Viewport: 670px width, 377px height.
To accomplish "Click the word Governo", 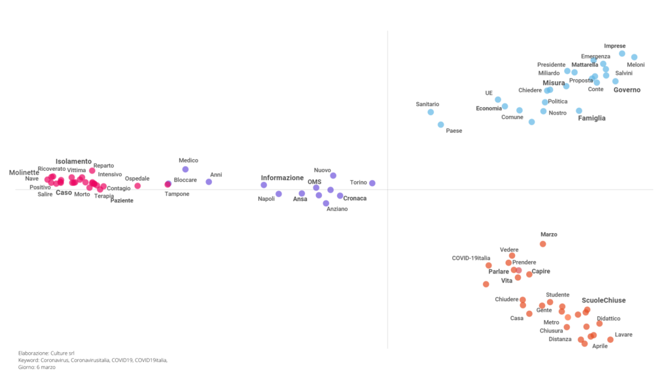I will click(x=627, y=90).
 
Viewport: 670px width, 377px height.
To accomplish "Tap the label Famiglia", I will click(x=591, y=118).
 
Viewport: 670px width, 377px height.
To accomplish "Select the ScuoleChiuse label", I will click(x=603, y=300).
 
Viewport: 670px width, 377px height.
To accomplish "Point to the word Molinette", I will click(x=24, y=173).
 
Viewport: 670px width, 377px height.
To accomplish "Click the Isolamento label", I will click(x=73, y=161).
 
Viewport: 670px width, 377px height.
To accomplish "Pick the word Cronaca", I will click(x=355, y=198).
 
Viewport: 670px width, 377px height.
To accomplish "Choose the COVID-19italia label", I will click(x=471, y=258).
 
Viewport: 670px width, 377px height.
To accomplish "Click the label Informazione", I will click(x=282, y=178).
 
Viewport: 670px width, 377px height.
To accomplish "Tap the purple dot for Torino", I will click(x=372, y=183).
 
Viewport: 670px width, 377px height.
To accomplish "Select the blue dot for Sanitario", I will click(x=431, y=112).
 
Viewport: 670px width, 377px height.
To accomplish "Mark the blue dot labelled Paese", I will click(x=441, y=124).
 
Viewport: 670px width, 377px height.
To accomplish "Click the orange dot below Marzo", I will click(x=542, y=244).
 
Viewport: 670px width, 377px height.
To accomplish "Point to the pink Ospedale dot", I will click(x=137, y=186).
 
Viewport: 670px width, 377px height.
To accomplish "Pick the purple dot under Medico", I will click(x=185, y=170).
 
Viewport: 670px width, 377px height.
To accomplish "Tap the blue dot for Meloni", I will click(x=634, y=57).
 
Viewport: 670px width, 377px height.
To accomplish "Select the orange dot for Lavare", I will click(x=610, y=340).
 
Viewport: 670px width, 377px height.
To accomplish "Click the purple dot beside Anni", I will click(x=209, y=182).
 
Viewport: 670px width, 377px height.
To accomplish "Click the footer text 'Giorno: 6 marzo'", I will click(x=37, y=367).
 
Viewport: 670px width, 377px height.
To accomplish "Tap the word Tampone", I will click(x=177, y=194).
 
